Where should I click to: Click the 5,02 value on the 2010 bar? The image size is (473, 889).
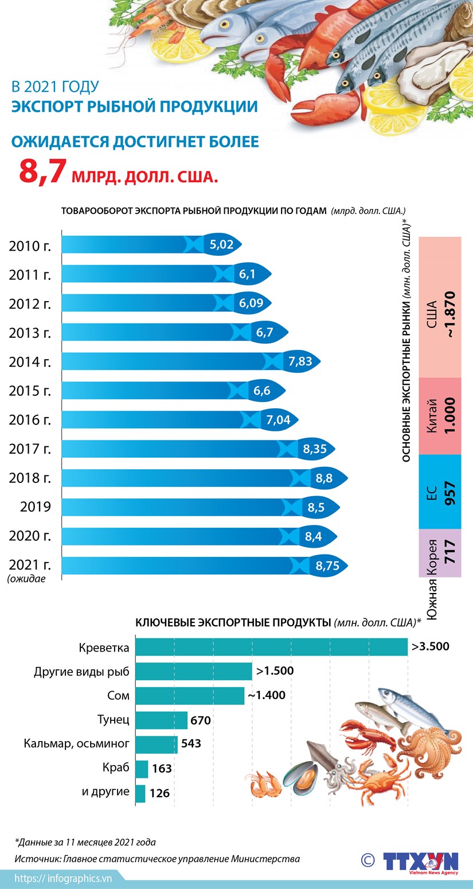point(221,245)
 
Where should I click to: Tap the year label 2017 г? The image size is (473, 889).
point(30,449)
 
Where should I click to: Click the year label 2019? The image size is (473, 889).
point(36,508)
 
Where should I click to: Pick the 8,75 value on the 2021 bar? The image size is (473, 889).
point(327,566)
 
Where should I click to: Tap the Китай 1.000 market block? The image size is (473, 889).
point(440,415)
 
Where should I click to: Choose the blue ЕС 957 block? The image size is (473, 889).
point(440,492)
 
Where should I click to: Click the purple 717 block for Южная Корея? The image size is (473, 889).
point(440,553)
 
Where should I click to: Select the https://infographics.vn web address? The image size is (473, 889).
point(63,878)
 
